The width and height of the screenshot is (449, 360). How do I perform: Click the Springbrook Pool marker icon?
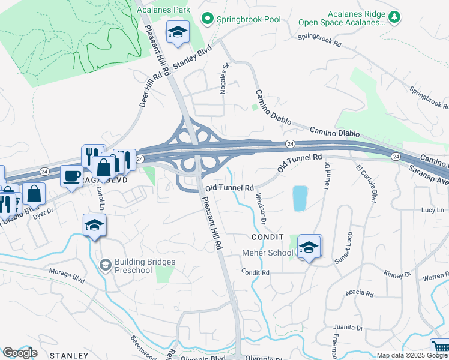point(208,19)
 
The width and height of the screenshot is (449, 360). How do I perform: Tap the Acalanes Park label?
point(163,10)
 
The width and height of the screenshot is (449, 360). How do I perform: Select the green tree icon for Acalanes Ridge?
point(394,16)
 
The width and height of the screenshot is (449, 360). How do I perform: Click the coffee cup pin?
point(72,176)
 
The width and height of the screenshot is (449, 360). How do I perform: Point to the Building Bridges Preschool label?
point(145,266)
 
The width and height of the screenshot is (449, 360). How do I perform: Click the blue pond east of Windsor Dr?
point(300,198)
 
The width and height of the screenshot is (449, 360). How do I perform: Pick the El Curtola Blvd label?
point(366,183)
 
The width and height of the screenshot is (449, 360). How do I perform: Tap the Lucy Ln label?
point(432,210)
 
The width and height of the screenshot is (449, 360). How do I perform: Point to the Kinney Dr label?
point(398,274)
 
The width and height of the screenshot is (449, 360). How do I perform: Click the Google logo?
point(19,353)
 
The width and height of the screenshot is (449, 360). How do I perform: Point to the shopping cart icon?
point(440,347)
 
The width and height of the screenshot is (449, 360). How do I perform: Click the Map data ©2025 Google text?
point(412,355)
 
